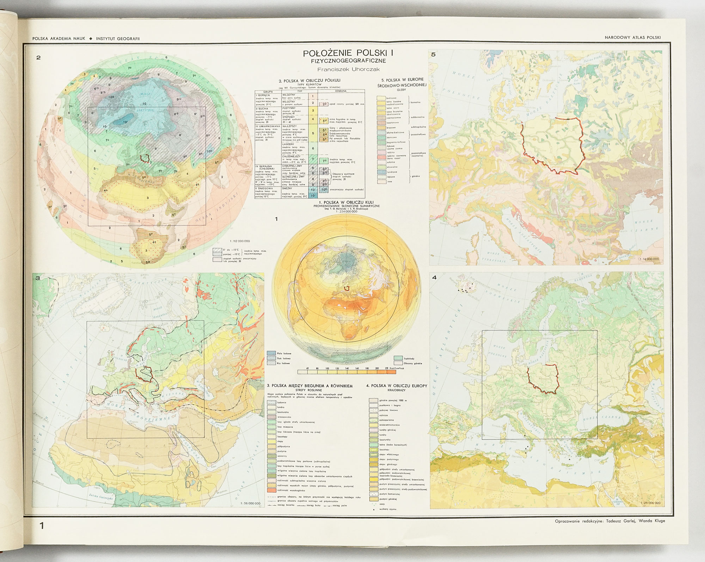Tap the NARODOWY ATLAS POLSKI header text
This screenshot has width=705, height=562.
point(632,37)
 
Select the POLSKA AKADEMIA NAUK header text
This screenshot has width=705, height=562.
point(59,38)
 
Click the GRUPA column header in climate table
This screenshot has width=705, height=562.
point(268,92)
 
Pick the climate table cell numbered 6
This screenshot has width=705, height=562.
point(313,148)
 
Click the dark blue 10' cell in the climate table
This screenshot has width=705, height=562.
point(313,196)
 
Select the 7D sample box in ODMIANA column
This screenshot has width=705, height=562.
point(324,161)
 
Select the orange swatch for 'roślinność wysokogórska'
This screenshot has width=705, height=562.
point(271,490)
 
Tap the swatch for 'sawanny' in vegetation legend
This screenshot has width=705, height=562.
point(271,456)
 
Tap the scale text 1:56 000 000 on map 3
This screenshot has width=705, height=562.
point(250,503)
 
